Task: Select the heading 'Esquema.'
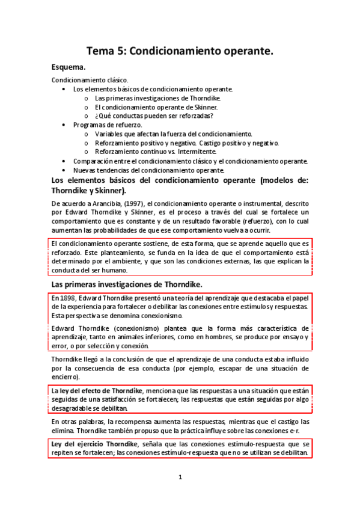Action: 69,67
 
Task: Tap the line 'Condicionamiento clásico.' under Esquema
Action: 90,80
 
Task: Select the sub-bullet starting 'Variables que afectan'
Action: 174,134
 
